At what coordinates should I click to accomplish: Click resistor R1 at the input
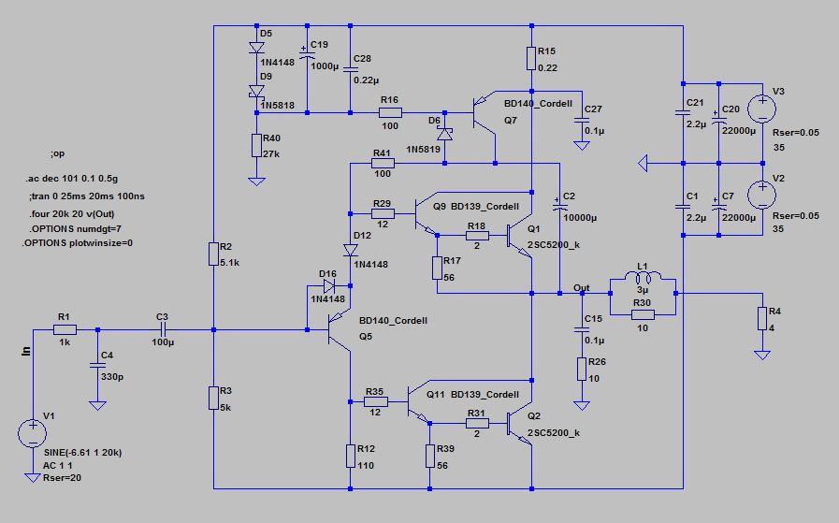pyautogui.click(x=64, y=329)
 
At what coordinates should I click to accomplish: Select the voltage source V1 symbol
pyautogui.click(x=32, y=433)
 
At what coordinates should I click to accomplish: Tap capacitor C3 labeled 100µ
pyautogui.click(x=162, y=329)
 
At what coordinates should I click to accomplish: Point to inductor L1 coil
pyautogui.click(x=641, y=277)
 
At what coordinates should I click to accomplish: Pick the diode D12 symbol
pyautogui.click(x=350, y=250)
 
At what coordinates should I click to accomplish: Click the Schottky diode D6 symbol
pyautogui.click(x=444, y=134)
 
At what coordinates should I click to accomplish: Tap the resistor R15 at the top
pyautogui.click(x=530, y=58)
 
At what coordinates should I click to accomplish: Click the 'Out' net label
pyautogui.click(x=582, y=287)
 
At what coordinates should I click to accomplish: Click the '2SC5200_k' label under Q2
pyautogui.click(x=553, y=432)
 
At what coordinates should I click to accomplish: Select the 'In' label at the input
pyautogui.click(x=26, y=351)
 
